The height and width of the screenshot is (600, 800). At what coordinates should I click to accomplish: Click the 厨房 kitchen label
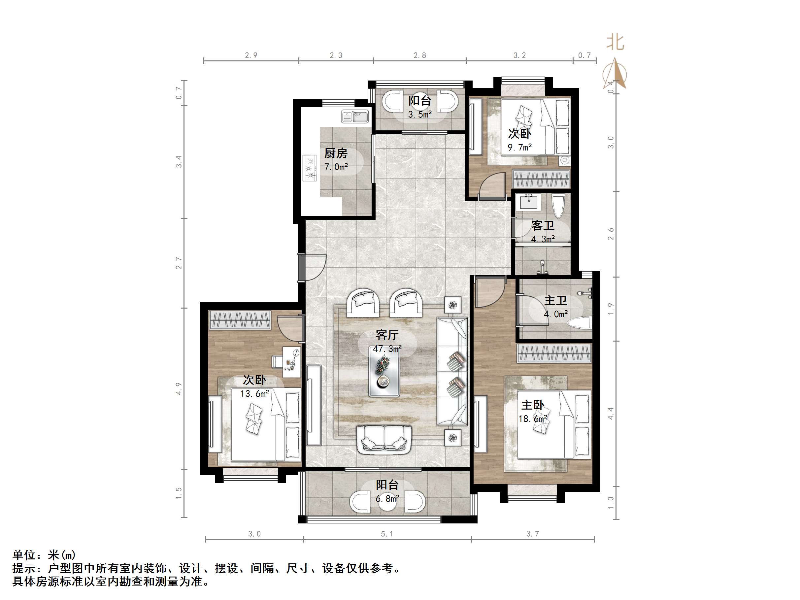[x=336, y=153]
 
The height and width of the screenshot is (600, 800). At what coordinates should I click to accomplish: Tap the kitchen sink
[x=355, y=117]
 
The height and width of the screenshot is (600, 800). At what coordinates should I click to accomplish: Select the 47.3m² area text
[x=387, y=349]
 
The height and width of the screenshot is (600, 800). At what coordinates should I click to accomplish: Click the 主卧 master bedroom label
[x=532, y=405]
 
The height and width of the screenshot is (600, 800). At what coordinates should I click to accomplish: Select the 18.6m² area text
[x=533, y=419]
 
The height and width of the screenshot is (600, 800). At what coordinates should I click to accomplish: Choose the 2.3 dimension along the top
[x=336, y=55]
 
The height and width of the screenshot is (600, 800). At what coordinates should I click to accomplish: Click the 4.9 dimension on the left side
[x=179, y=389]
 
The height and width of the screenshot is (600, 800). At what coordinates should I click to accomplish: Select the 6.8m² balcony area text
[x=387, y=499]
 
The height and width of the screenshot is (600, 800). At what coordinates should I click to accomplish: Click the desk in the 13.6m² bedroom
[x=291, y=362]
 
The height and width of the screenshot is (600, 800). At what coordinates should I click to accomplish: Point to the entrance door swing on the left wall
[x=313, y=268]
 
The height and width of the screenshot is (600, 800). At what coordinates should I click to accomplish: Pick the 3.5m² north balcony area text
[x=420, y=115]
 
